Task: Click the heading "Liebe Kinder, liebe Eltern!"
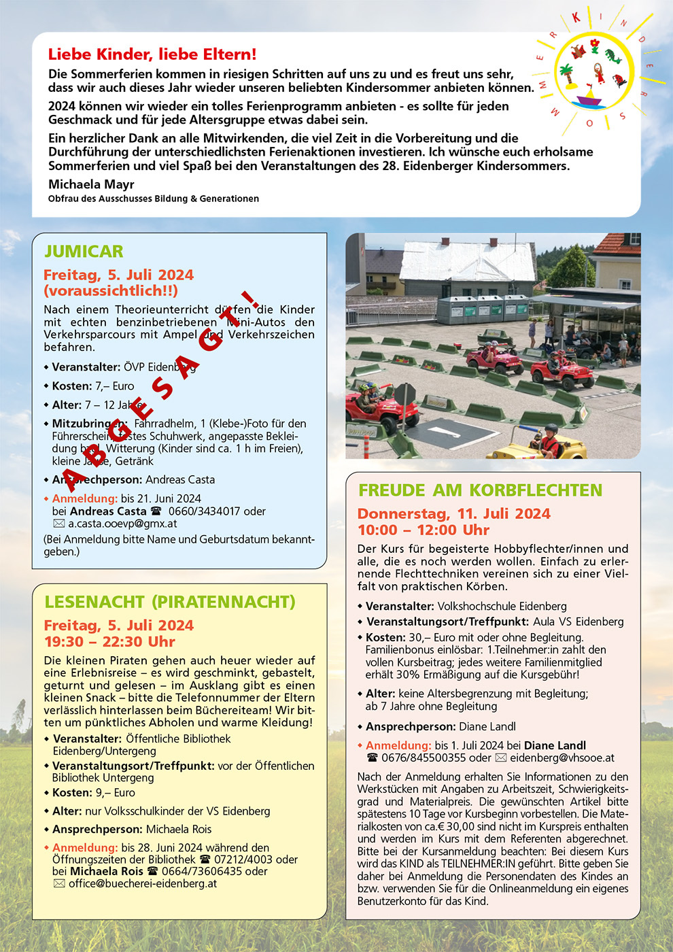click(152, 54)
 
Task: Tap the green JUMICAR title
click(84, 252)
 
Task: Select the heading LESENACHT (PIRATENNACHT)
click(169, 602)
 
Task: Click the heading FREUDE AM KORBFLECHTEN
click(480, 490)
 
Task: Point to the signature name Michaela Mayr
click(91, 184)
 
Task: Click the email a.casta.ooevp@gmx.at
click(122, 524)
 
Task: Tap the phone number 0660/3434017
click(217, 511)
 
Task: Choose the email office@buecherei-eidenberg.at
click(143, 883)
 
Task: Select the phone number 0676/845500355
click(426, 758)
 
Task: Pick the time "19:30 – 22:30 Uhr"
click(109, 641)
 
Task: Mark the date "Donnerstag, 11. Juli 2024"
click(453, 513)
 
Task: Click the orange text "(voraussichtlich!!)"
click(111, 290)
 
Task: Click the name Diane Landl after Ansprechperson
click(487, 726)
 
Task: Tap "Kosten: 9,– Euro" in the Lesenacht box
click(94, 793)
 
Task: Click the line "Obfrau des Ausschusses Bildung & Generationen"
click(154, 199)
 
